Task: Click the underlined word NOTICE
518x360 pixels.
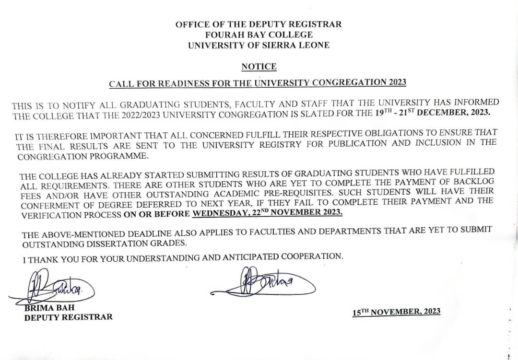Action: [259, 67]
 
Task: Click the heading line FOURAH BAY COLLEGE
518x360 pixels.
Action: [259, 35]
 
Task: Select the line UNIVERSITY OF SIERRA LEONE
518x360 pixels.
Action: [259, 46]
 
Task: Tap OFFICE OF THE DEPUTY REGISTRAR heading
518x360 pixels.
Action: [259, 24]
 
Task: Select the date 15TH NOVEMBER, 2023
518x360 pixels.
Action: [396, 312]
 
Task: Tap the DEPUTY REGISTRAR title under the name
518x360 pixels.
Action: [69, 317]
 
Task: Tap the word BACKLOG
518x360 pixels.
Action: [471, 181]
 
